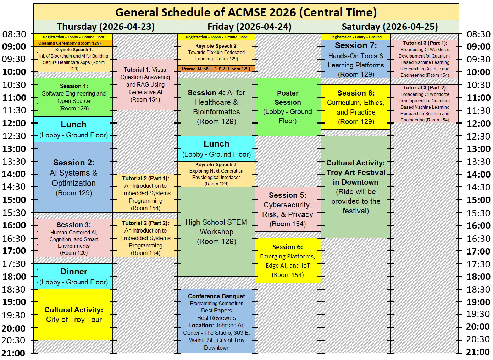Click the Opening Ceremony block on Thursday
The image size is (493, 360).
point(73,43)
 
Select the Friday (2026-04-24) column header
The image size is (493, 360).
point(249,27)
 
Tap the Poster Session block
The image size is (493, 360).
point(288,107)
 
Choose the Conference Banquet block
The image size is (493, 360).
point(216,321)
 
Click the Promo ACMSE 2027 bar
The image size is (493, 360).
point(216,69)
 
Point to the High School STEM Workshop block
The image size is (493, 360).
point(216,231)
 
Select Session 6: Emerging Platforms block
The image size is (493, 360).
point(288,261)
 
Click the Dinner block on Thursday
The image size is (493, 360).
point(73,276)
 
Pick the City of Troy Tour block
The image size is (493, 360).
point(73,315)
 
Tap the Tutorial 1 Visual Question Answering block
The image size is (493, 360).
point(145,84)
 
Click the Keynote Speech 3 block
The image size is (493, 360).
point(216,174)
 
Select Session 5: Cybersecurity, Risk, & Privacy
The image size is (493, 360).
point(288,209)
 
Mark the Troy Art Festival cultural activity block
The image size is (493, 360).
point(355,187)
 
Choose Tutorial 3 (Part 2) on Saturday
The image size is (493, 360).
point(425,104)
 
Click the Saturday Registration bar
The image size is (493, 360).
point(355,37)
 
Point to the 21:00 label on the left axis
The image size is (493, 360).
point(13,353)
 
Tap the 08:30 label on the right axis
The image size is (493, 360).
point(478,34)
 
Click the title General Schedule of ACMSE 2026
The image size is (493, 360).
point(246,12)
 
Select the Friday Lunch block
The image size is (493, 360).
point(216,148)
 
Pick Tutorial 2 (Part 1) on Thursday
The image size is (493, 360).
point(145,193)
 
